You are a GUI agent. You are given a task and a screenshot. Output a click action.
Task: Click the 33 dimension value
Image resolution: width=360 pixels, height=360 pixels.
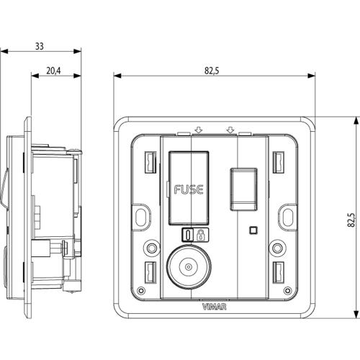click(40, 46)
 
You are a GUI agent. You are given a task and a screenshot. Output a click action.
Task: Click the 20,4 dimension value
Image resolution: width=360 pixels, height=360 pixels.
click(53, 71)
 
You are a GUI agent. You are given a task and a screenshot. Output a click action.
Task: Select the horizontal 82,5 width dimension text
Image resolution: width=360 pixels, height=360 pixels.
click(212, 71)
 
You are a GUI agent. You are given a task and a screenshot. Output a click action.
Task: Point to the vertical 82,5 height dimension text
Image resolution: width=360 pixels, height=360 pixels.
click(351, 220)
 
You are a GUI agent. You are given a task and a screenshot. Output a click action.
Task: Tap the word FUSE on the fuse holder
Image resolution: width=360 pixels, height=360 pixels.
click(189, 189)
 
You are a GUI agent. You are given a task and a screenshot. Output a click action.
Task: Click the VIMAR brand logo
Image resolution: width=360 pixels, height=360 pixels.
click(215, 307)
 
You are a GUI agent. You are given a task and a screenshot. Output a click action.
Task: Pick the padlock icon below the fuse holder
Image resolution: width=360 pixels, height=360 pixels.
click(200, 235)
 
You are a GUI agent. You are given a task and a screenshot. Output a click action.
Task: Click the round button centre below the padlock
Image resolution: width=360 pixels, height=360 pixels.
click(189, 267)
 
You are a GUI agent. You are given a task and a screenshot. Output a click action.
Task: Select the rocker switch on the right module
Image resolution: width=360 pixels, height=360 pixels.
click(243, 189)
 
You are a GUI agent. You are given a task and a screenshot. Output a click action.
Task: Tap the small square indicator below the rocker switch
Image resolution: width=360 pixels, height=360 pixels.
click(253, 230)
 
